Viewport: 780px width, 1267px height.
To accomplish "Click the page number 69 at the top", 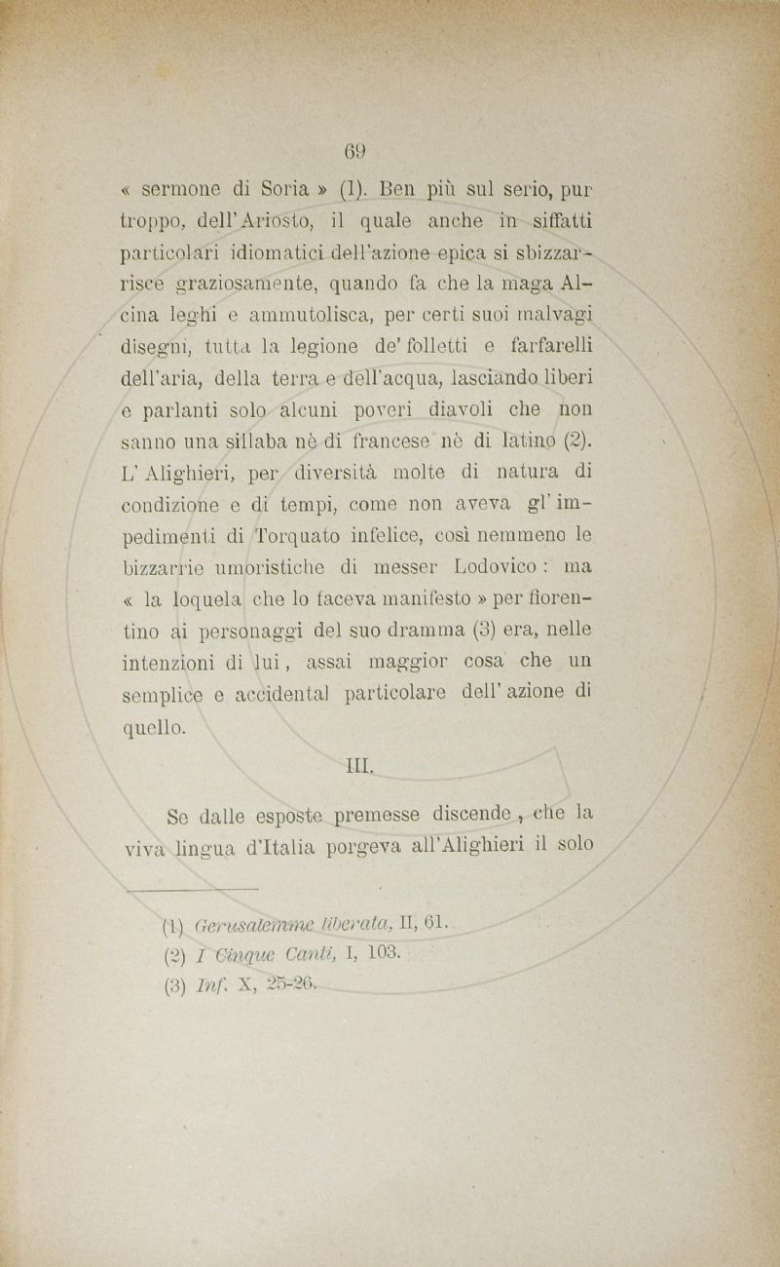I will [355, 151].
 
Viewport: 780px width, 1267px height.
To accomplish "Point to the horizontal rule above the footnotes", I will [192, 888].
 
